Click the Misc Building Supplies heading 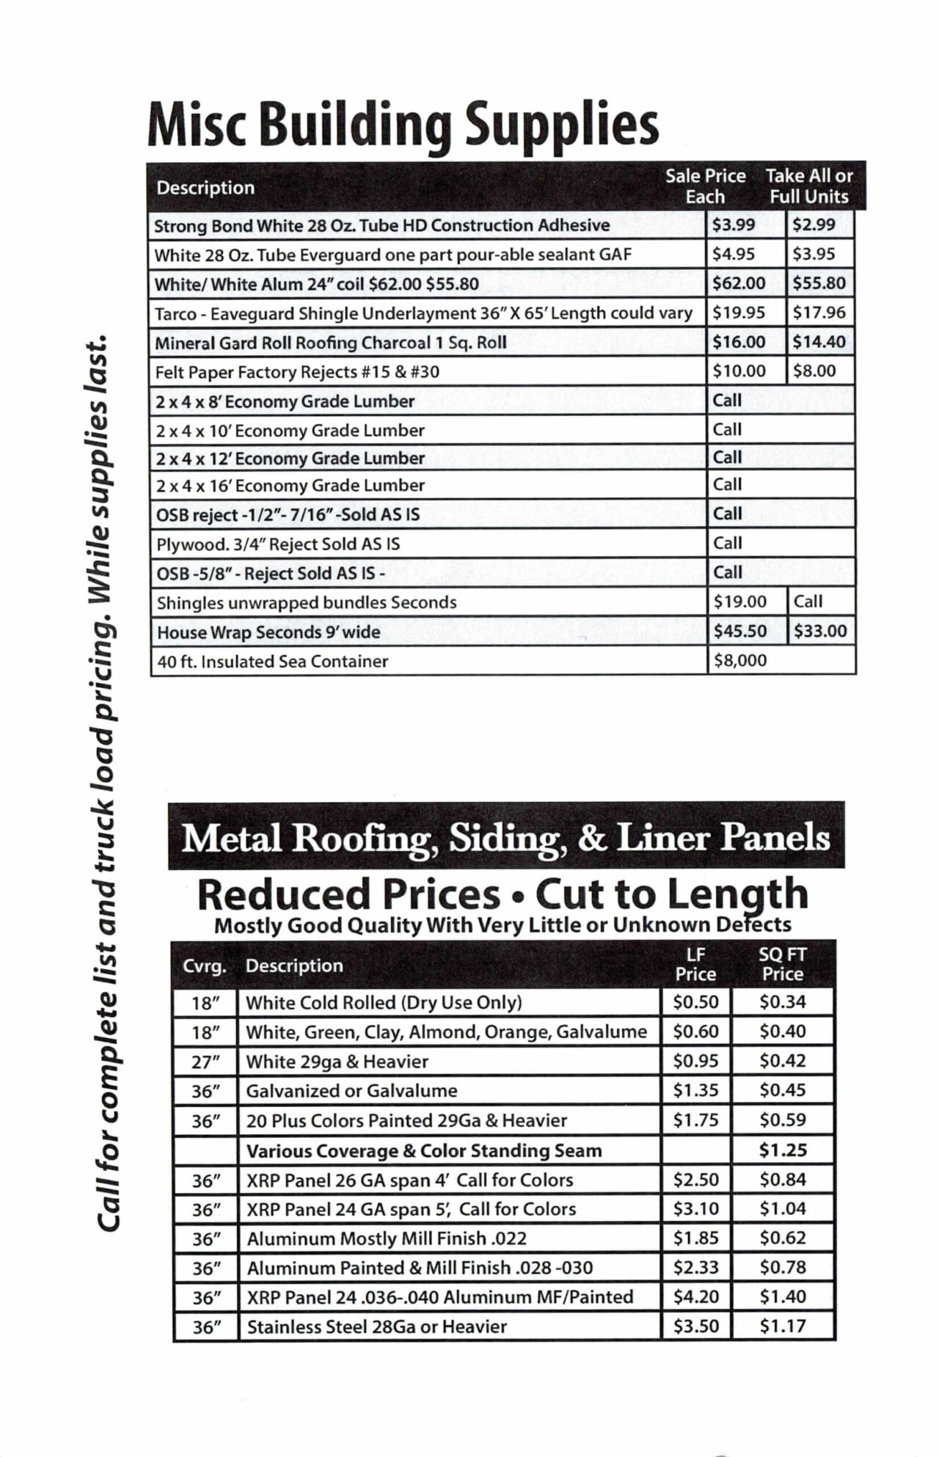(x=403, y=125)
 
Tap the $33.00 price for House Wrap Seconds (x=819, y=631)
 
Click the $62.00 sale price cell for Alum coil (x=739, y=283)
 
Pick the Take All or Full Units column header (x=808, y=186)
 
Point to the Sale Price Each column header (x=705, y=186)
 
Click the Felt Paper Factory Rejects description (x=297, y=372)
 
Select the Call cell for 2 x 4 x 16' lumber (x=727, y=484)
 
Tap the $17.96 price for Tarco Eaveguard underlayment (x=819, y=313)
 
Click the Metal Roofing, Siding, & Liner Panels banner (x=505, y=837)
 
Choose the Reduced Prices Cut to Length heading (x=503, y=894)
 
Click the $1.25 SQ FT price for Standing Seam (x=782, y=1150)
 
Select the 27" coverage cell (x=205, y=1062)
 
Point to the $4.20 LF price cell (x=695, y=1296)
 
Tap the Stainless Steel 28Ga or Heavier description (x=376, y=1326)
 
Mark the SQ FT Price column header (x=782, y=964)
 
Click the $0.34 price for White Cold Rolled (x=782, y=1001)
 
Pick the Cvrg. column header (x=204, y=966)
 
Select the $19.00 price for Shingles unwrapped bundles (x=739, y=602)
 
